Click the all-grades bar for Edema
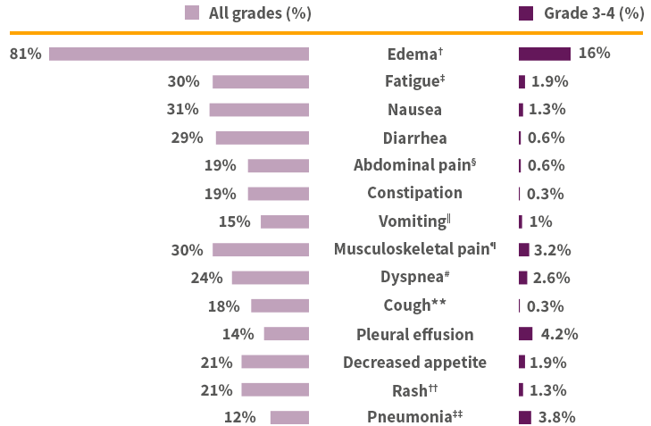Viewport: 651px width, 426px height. click(179, 54)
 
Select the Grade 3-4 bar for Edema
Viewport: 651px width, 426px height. click(544, 54)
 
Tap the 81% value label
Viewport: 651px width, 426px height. click(26, 54)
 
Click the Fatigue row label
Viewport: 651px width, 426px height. click(415, 81)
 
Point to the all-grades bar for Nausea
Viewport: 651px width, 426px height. click(259, 110)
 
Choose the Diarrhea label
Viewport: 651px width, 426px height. click(414, 138)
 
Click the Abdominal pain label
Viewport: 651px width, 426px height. click(414, 165)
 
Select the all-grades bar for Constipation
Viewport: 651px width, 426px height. click(278, 194)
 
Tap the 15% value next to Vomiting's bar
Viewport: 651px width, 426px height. click(234, 221)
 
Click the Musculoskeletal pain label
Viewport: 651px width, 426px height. click(414, 249)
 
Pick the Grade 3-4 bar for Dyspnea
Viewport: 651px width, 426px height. click(522, 278)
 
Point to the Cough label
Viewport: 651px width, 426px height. click(414, 305)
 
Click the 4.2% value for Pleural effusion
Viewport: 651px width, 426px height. click(559, 334)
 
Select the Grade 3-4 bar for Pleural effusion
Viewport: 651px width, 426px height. click(525, 334)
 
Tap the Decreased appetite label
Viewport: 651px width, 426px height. click(414, 362)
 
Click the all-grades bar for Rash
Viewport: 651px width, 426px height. click(274, 389)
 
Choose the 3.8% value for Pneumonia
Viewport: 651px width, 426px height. click(556, 417)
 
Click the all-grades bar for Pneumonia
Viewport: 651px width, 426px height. click(289, 417)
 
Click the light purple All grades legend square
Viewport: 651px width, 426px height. click(191, 13)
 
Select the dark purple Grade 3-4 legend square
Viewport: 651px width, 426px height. click(526, 13)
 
